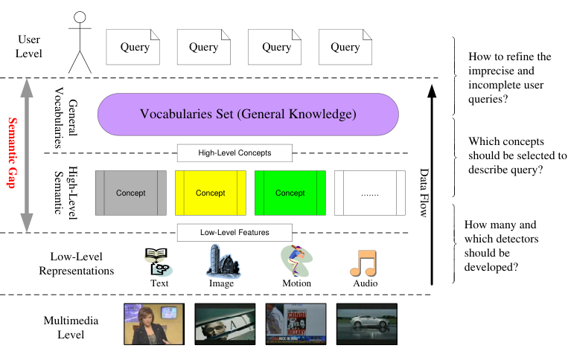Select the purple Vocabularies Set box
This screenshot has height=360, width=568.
tap(249, 115)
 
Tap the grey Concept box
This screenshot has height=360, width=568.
tap(130, 193)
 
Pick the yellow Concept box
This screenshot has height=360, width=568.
tap(210, 193)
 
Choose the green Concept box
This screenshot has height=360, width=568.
tap(290, 193)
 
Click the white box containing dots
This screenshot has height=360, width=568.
tap(370, 193)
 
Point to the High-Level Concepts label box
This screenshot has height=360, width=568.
tap(234, 153)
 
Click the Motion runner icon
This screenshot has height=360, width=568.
tap(296, 261)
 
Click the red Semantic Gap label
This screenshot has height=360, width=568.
tap(11, 155)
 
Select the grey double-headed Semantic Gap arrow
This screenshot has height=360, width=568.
tap(27, 155)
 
